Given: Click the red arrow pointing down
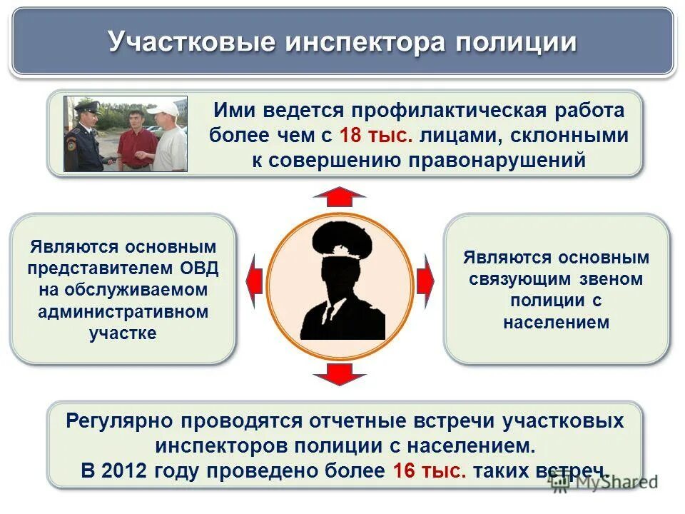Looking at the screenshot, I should (x=339, y=373).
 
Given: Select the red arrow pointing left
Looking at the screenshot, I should (x=254, y=281).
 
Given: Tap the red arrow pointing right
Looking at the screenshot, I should (x=425, y=281).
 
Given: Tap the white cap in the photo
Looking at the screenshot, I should (x=166, y=108).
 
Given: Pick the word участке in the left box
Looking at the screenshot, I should (x=123, y=333).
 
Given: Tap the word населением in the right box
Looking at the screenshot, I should (x=556, y=322).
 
